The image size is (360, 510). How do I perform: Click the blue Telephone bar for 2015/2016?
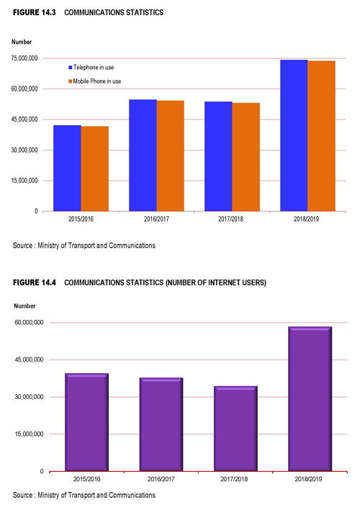67,168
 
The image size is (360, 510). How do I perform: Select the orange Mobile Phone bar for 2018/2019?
321,136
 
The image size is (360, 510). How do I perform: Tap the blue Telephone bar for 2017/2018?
218,156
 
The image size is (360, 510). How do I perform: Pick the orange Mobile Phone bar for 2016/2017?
171,156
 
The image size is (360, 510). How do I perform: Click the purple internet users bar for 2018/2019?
310,399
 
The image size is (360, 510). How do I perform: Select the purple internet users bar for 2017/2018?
235,429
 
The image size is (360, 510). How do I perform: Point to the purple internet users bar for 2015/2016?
87,422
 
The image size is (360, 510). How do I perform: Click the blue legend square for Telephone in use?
70,67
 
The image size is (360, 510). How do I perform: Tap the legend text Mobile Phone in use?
97,81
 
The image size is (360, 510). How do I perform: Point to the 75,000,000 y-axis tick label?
24,58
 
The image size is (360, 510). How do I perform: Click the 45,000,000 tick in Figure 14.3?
24,120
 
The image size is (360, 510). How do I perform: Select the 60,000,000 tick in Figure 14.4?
29,322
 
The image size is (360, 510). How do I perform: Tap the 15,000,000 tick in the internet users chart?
29,434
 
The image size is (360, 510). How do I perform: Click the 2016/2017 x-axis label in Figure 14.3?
156,219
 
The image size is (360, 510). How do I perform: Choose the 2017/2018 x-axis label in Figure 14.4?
234,479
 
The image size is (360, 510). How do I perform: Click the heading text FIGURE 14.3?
34,12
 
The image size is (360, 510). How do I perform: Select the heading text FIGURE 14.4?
34,282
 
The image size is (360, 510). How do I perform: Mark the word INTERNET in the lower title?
224,282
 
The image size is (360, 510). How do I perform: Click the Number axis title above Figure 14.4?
24,305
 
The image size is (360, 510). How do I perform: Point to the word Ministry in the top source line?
48,246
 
